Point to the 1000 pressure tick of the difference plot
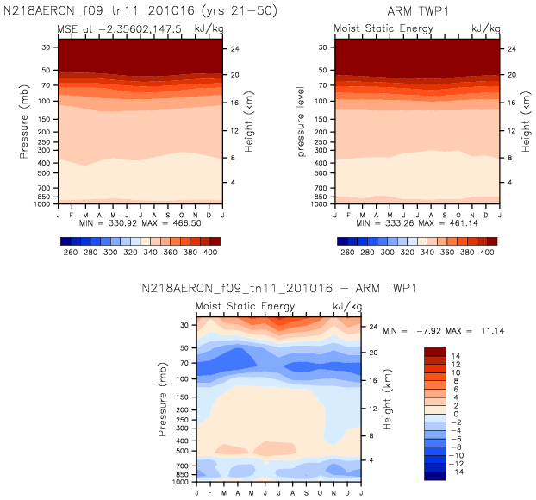click(183, 482)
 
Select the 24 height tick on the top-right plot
click(512, 48)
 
